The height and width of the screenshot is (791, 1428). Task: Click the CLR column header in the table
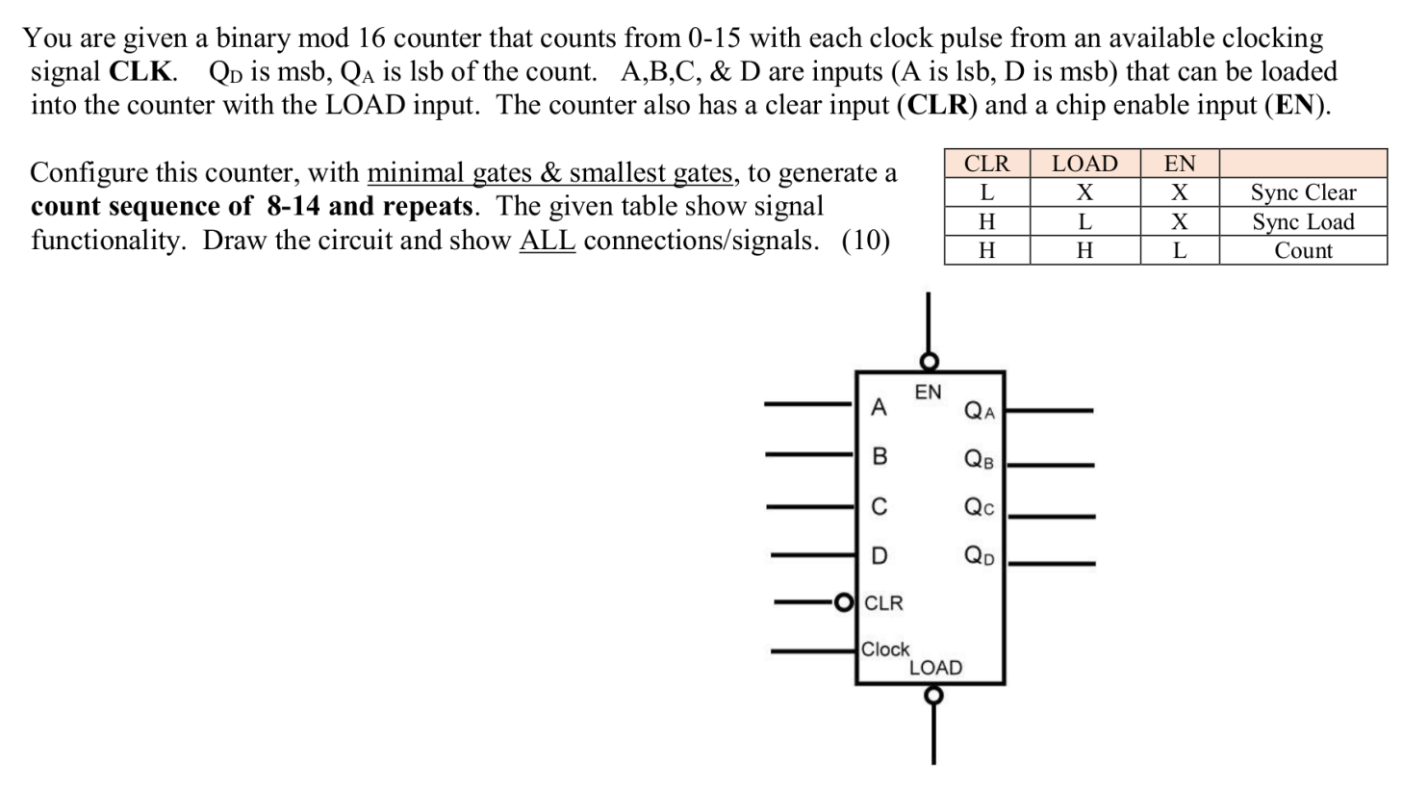986,164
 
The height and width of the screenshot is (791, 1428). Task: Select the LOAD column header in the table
1084,164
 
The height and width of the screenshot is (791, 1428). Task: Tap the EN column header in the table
1180,164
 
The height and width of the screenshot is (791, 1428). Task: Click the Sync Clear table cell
1303,192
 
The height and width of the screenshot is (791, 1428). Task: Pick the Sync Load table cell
1303,221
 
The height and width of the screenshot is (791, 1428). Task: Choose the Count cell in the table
1303,250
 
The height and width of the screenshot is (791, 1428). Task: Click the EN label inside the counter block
928,392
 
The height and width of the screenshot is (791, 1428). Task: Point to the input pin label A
878,408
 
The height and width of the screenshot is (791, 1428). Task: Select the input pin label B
879,456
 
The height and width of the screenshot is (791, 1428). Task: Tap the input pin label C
879,506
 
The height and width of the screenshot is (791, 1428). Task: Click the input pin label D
879,555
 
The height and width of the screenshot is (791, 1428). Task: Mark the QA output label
980,412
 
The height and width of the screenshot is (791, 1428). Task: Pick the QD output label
980,556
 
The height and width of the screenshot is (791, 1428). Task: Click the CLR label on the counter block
883,603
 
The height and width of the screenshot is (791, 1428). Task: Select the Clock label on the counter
885,650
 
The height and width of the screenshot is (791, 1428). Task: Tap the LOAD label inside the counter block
935,667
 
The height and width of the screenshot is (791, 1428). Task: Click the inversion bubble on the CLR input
844,603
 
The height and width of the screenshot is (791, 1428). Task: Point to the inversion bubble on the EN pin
929,362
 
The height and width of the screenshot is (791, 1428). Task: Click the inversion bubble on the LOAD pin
932,695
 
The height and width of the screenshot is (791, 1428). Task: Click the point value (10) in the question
865,241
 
